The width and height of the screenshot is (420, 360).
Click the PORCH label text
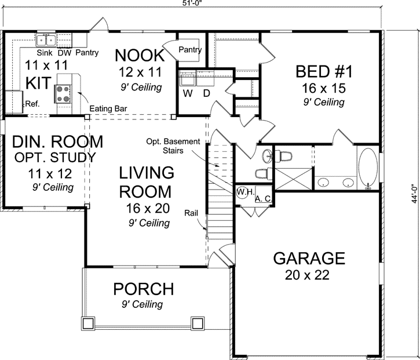(143, 288)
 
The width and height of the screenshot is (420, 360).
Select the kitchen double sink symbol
(46, 40)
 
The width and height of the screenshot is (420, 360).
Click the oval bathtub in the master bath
(368, 168)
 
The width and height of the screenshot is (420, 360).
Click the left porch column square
(87, 322)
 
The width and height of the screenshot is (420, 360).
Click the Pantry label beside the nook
(189, 50)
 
